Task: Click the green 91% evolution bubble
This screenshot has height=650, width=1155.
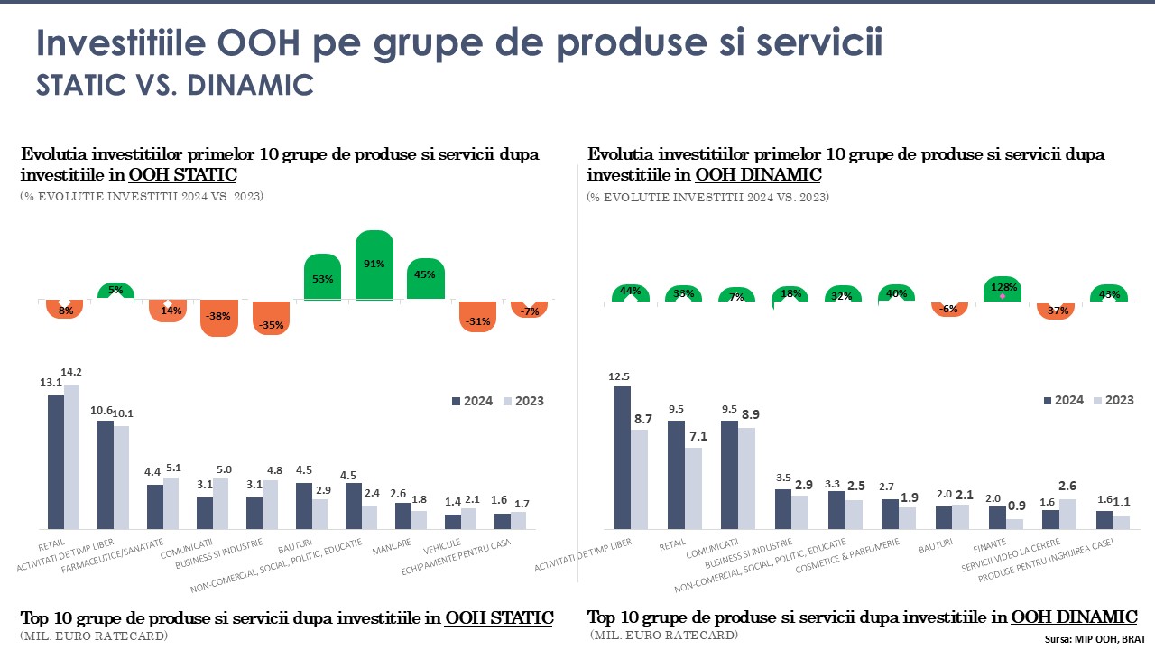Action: click(x=374, y=265)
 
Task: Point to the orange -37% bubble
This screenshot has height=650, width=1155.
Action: click(x=1057, y=311)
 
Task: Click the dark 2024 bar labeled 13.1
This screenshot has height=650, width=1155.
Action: click(x=56, y=461)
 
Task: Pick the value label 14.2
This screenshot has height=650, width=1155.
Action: click(x=71, y=372)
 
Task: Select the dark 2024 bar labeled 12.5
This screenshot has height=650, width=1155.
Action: click(x=623, y=457)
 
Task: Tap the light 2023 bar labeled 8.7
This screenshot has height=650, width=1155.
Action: click(x=640, y=478)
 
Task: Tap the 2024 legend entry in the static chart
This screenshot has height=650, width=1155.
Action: click(x=471, y=401)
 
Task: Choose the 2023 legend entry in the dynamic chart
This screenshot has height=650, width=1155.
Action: click(x=1113, y=400)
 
